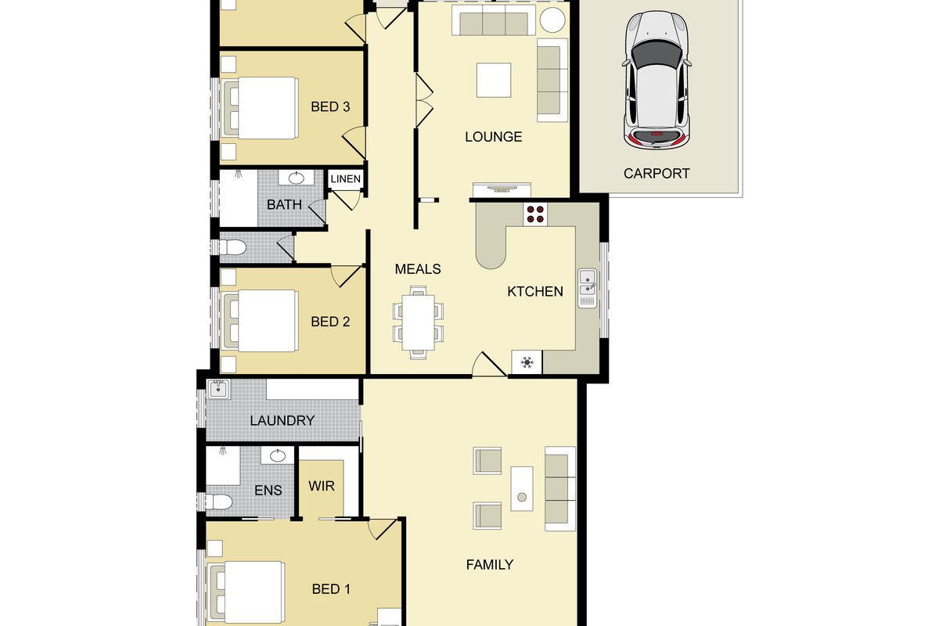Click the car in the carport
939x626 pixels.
[657, 81]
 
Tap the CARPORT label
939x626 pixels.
[657, 174]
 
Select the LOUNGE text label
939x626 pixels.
[494, 137]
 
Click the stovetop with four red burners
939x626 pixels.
[535, 214]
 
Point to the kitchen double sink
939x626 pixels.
[588, 289]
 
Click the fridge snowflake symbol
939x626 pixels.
[527, 362]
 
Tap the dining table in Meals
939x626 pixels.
[418, 322]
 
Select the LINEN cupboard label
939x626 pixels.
[345, 179]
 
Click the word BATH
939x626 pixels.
[284, 204]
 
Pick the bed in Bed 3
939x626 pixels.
[261, 108]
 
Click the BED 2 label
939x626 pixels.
[330, 322]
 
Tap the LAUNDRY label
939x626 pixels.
[282, 420]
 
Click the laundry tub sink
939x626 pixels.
[218, 389]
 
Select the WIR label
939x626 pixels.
[322, 486]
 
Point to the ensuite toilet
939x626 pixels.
[219, 502]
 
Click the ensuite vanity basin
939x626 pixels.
[278, 455]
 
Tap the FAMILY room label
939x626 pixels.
[490, 565]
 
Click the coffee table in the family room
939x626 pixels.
[522, 489]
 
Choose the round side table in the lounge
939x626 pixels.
[552, 20]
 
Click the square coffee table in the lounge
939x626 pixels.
[494, 80]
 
